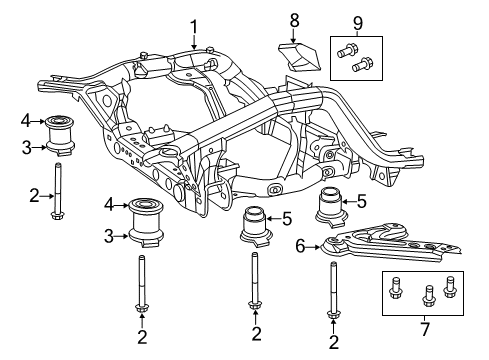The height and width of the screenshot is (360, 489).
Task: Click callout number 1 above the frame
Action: [x=195, y=27]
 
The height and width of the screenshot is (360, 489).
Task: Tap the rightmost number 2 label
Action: [x=332, y=343]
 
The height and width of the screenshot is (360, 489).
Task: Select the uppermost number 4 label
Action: [x=25, y=122]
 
